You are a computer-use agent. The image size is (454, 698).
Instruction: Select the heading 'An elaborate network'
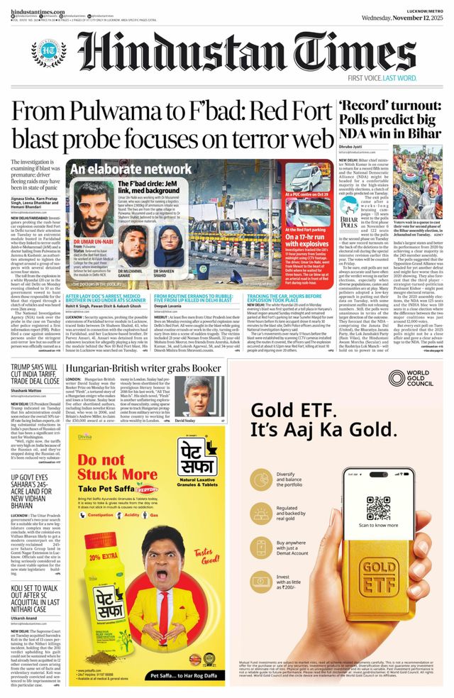click(x=121, y=170)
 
